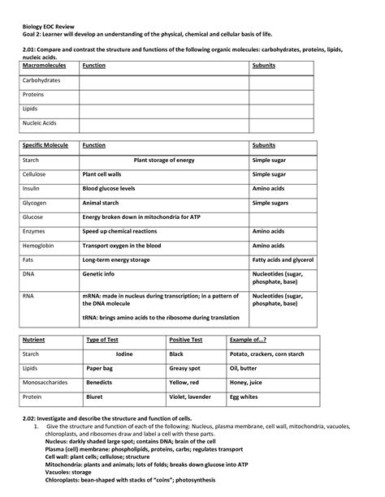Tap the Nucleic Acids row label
pos(40,123)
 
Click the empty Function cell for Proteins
pos(163,95)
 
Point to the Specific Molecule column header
pos(45,145)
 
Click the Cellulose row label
pos(34,174)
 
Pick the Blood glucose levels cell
pos(114,188)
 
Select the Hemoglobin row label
pos(38,246)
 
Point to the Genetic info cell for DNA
pos(101,275)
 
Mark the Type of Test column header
pos(103,340)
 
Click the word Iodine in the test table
pos(124,354)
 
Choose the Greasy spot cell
pos(185,368)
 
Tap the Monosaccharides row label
pos(46,383)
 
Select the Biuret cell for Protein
pos(95,397)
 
